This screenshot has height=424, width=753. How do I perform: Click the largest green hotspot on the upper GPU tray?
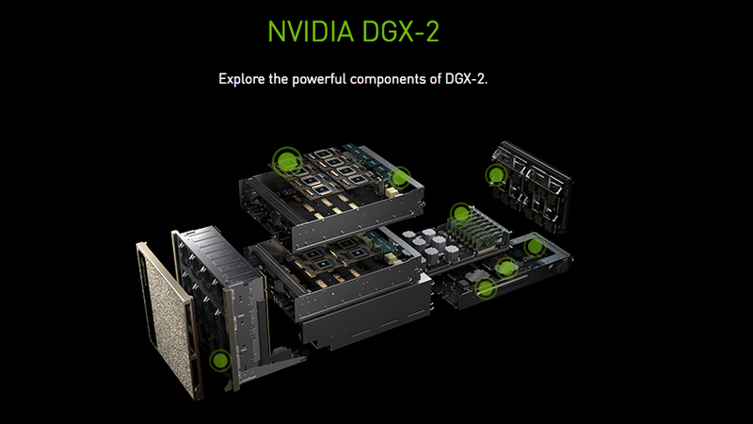point(286,160)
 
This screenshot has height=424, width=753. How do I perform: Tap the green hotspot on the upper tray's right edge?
point(401,176)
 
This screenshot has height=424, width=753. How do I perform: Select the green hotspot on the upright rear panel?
point(495,173)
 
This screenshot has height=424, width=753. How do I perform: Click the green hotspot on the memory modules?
point(459,212)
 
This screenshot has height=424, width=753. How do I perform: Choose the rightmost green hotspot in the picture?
point(534,247)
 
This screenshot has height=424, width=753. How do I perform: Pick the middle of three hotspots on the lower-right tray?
point(506,268)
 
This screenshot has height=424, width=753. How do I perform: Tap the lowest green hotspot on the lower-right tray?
point(486,289)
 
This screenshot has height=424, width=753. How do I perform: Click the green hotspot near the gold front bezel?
point(220,359)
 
